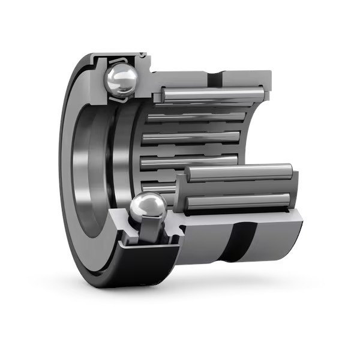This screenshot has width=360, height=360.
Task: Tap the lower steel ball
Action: pyautogui.click(x=148, y=208)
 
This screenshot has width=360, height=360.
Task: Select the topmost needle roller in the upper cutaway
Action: pyautogui.click(x=210, y=95)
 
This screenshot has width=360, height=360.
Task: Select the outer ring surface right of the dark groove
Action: pyautogui.click(x=276, y=240)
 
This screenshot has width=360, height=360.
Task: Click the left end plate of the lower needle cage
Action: pyautogui.click(x=180, y=192)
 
